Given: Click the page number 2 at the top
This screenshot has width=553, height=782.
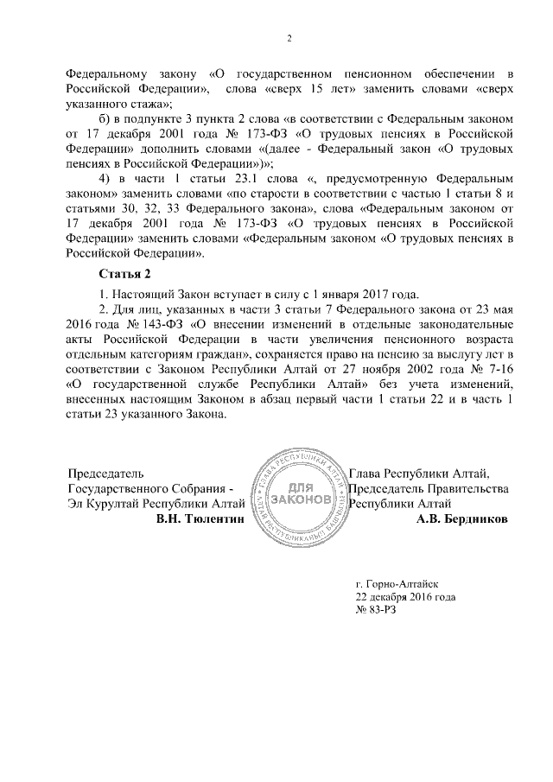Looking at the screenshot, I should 289,37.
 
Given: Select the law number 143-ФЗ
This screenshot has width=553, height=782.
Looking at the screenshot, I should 153,322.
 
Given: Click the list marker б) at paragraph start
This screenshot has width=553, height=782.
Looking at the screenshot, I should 106,117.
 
